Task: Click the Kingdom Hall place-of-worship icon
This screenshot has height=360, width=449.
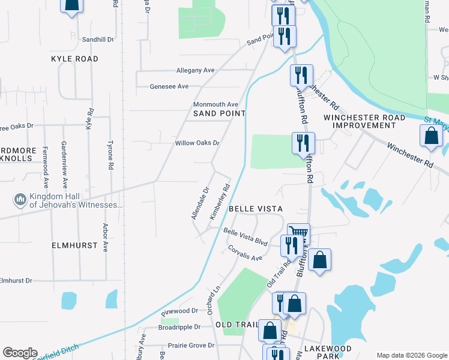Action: pos(20,199)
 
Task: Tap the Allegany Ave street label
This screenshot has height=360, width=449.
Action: pos(195,70)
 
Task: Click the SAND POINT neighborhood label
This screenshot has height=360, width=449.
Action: pos(219,113)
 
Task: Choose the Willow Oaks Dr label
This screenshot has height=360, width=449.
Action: pos(197,143)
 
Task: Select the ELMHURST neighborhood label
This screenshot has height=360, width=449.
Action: pos(71,245)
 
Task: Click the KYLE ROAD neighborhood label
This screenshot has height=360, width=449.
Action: pos(74,59)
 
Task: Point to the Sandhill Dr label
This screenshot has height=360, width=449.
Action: pos(98,39)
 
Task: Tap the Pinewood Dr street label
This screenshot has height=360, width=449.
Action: pos(179,311)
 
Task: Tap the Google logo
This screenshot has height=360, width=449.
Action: pos(20,353)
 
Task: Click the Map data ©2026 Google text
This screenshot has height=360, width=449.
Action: pos(411,355)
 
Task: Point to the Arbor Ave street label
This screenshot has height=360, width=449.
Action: pos(105,238)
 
